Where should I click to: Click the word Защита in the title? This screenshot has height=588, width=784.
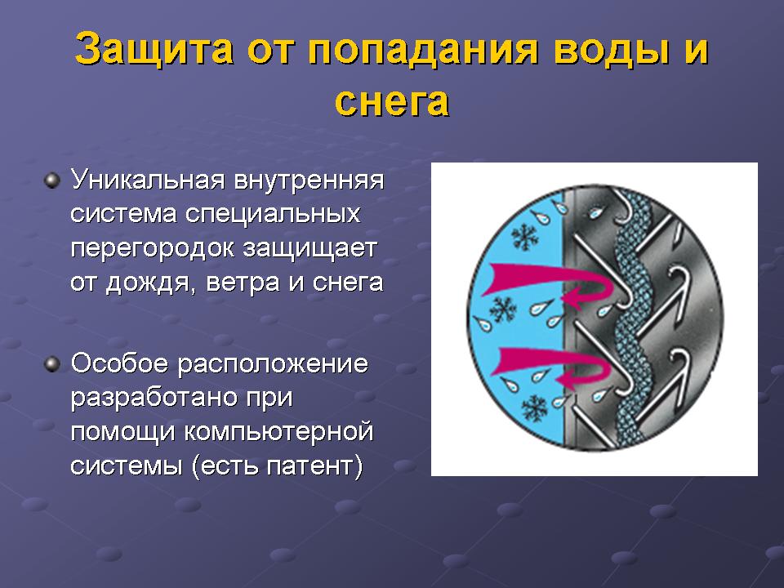click(154, 48)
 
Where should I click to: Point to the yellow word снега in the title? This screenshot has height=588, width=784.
click(391, 102)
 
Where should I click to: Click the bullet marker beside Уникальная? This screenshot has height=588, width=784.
click(52, 181)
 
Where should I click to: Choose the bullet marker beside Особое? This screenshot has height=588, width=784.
click(52, 364)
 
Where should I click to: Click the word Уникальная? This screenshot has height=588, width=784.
click(148, 180)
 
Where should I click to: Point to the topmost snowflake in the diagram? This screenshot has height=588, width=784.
click(524, 237)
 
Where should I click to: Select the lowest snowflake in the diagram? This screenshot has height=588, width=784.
click(533, 408)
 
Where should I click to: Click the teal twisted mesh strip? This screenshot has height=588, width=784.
click(632, 320)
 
